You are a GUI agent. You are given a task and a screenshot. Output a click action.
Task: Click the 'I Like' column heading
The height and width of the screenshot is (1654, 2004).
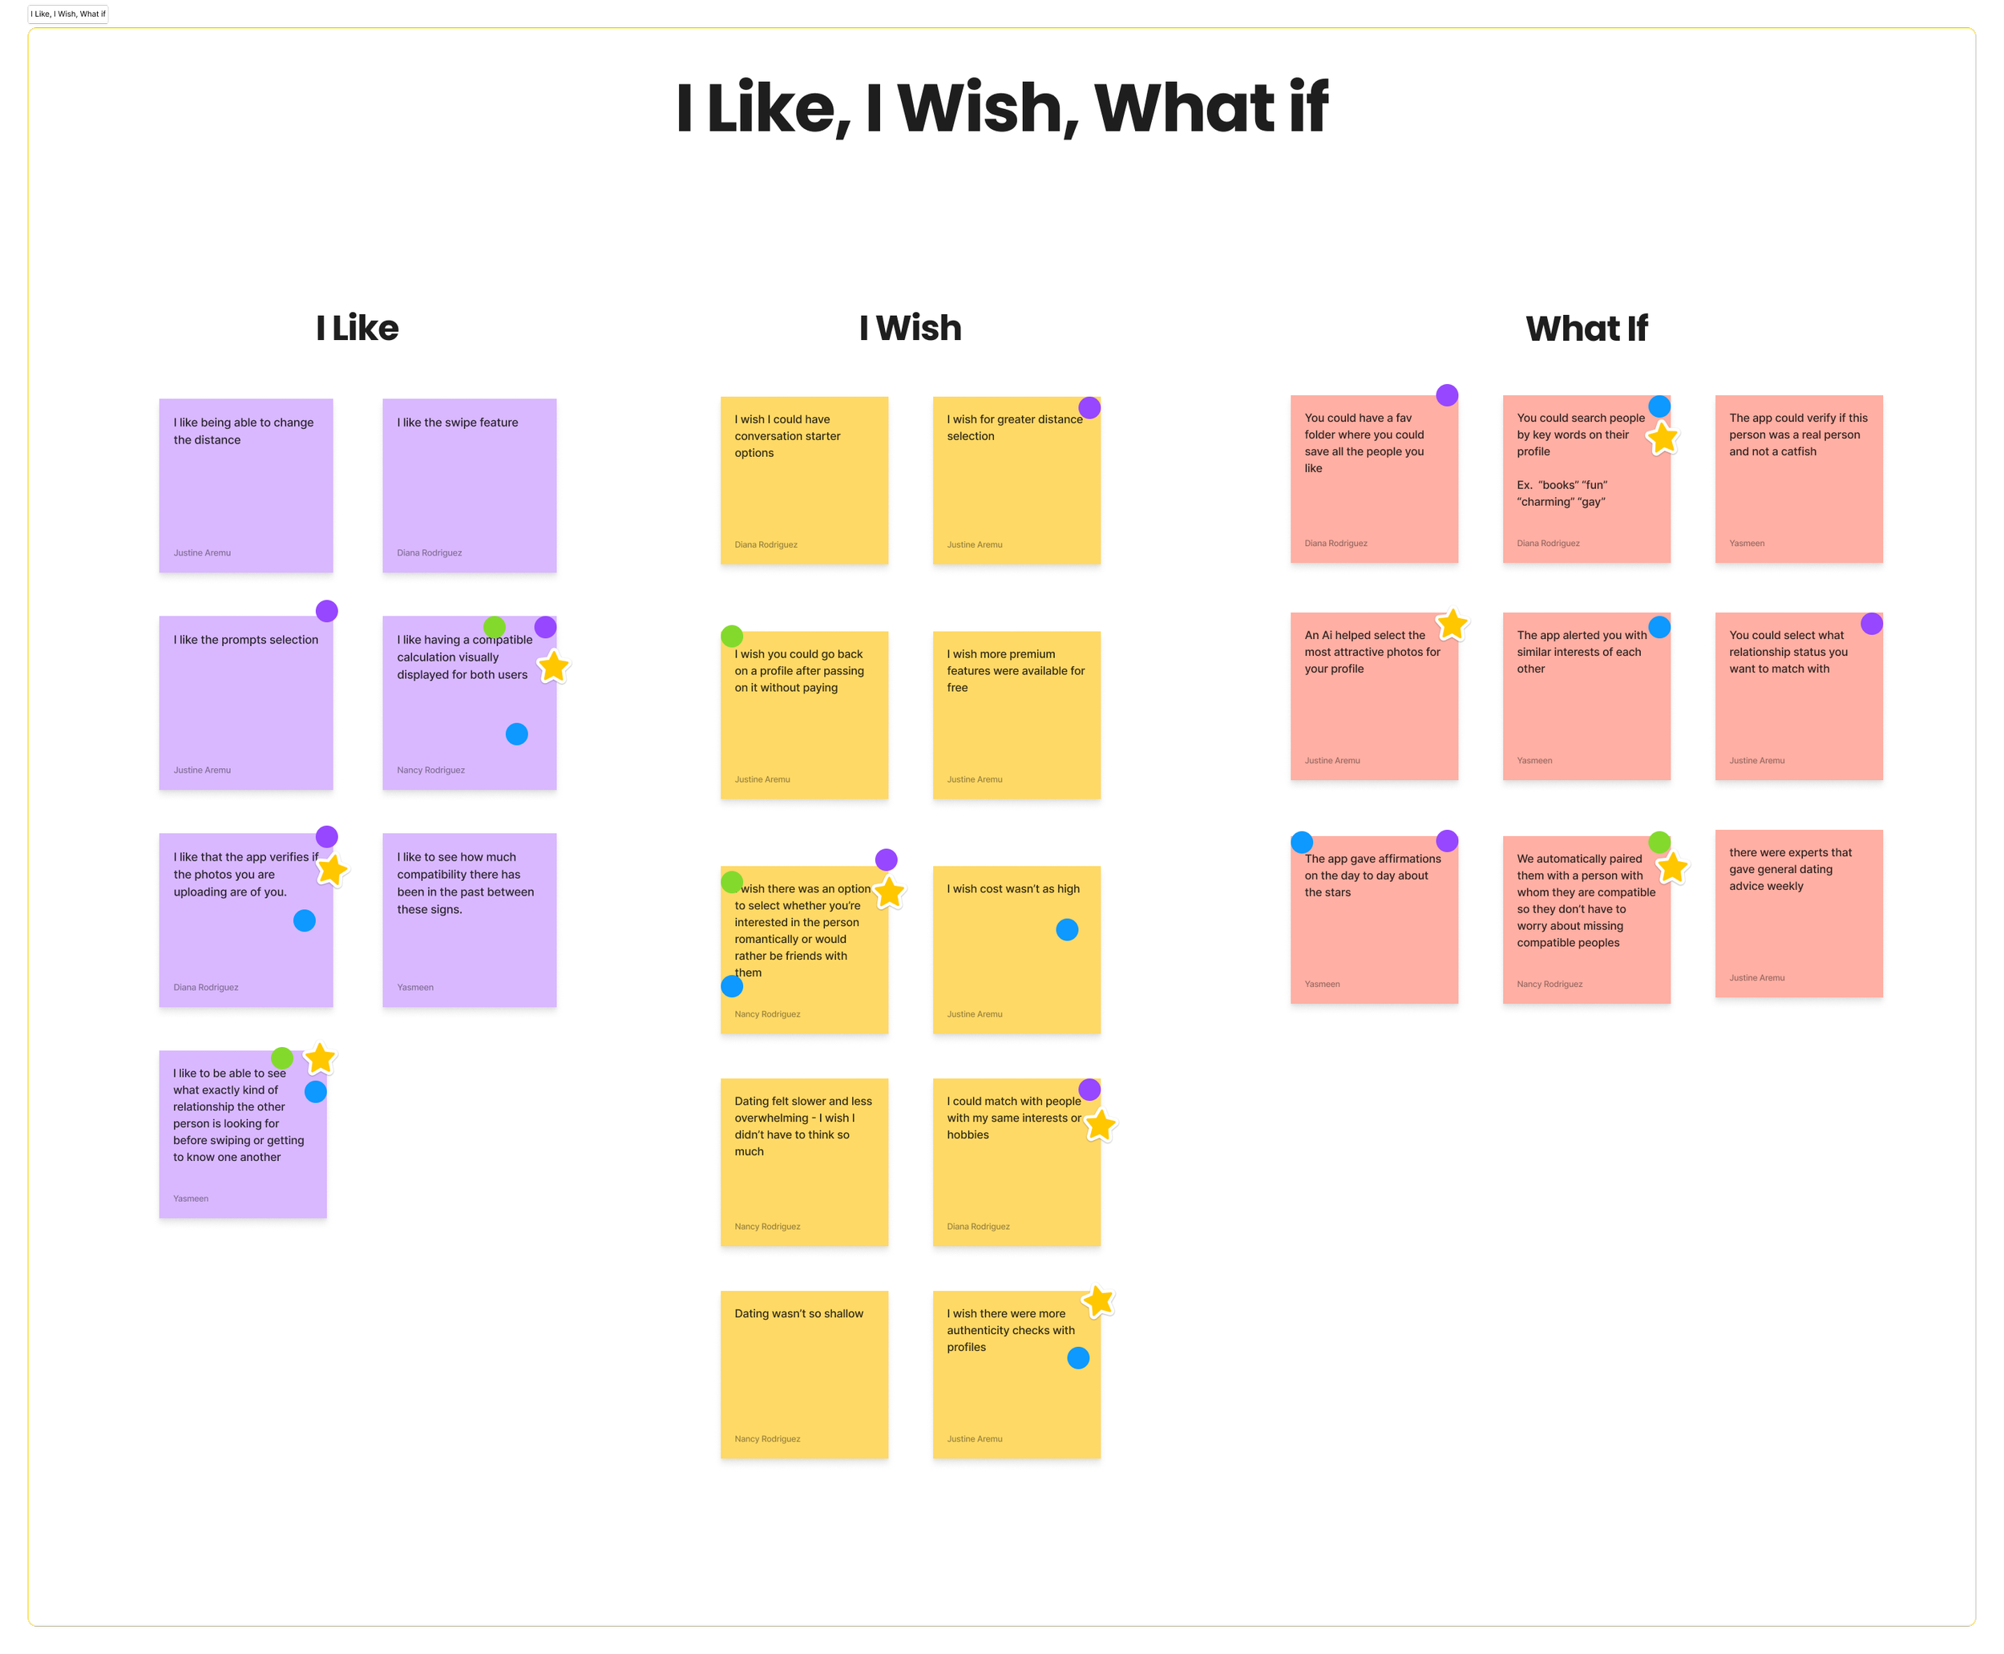tap(358, 328)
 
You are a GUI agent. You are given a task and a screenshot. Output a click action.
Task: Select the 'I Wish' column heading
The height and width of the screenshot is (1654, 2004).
tap(910, 328)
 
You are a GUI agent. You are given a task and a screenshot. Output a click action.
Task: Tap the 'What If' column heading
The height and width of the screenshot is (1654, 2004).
tap(1586, 329)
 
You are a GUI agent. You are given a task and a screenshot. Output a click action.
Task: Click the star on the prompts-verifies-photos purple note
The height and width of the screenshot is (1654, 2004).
tap(331, 870)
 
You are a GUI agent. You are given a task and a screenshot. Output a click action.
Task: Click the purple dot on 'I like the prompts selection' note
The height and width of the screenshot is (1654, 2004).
tap(327, 611)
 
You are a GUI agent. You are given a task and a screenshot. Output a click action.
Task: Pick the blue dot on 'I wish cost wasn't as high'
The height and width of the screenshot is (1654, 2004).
tap(1067, 930)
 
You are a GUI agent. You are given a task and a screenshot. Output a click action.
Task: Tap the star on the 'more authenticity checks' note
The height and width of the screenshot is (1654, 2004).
tap(1098, 1300)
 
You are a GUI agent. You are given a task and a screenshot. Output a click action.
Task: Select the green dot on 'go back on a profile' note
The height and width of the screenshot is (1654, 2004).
tap(732, 636)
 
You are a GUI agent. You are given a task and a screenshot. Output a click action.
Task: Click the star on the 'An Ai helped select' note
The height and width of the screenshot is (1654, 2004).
tap(1452, 625)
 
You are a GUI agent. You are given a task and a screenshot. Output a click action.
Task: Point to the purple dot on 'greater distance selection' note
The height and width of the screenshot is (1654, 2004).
tap(1089, 408)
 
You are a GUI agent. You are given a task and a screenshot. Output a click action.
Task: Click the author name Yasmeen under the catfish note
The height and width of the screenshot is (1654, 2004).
tap(1747, 543)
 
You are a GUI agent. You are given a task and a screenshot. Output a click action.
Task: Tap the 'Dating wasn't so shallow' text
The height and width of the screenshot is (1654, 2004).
tap(798, 1314)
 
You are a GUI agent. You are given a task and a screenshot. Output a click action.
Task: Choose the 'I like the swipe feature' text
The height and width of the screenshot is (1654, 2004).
tap(457, 422)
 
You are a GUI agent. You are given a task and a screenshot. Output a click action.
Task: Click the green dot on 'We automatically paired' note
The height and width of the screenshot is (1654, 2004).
tap(1659, 843)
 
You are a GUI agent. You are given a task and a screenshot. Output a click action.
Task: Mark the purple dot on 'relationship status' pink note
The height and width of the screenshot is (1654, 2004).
tap(1872, 624)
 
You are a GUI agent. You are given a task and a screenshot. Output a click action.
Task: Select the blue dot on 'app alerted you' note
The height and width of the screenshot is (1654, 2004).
tap(1659, 627)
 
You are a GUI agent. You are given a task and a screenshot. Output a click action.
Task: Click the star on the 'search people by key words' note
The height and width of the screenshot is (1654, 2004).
tap(1662, 439)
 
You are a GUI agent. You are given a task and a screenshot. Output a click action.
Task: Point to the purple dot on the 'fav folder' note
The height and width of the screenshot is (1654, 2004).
tap(1447, 395)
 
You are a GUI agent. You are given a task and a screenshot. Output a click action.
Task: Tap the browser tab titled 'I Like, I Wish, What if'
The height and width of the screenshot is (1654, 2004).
tap(67, 14)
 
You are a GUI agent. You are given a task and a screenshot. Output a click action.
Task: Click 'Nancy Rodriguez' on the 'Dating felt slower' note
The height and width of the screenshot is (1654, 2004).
tap(767, 1226)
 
